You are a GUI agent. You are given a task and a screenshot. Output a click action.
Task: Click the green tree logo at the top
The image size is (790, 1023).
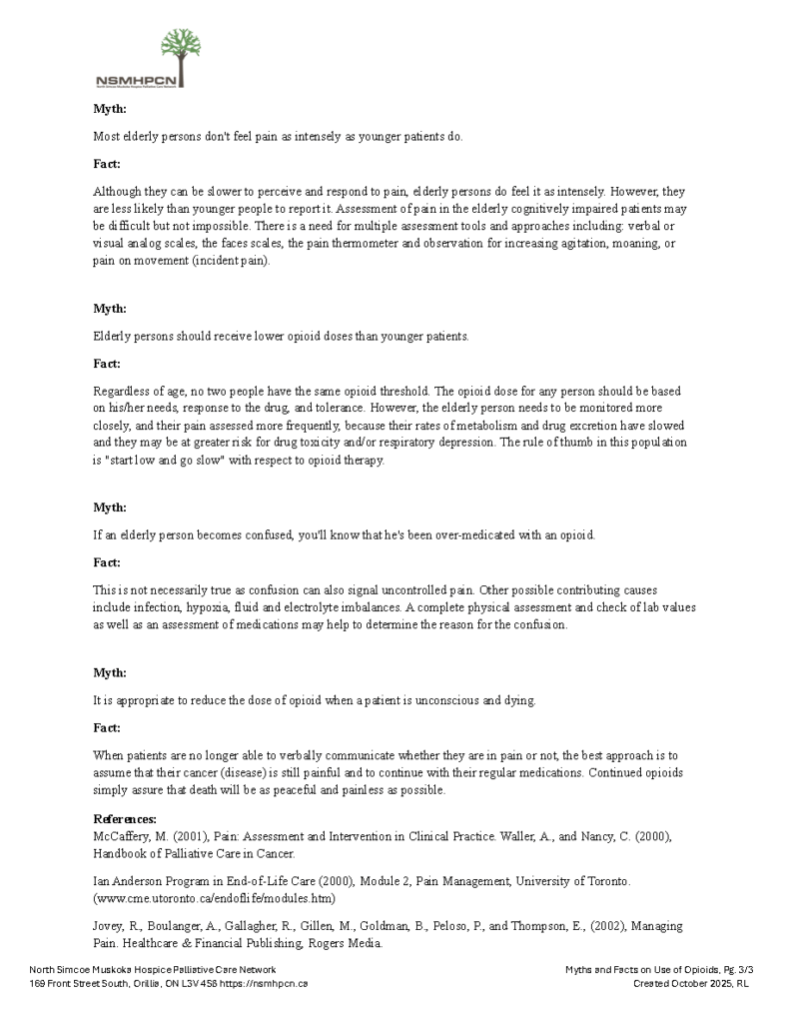(x=180, y=50)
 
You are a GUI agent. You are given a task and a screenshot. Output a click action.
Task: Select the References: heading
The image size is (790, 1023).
(x=125, y=819)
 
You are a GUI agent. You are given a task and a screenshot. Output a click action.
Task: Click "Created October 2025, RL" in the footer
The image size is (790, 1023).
(x=691, y=983)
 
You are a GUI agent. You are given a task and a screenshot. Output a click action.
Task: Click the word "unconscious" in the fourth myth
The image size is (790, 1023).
(x=442, y=700)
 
